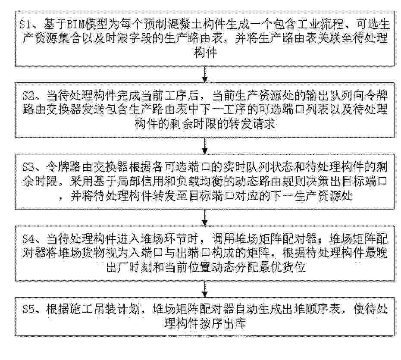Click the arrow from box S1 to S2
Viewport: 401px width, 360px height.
pyautogui.click(x=204, y=74)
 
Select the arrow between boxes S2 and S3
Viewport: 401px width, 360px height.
pyautogui.click(x=204, y=146)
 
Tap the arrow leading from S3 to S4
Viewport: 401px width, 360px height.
pyautogui.click(x=204, y=218)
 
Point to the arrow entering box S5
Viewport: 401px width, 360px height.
pyautogui.click(x=204, y=289)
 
